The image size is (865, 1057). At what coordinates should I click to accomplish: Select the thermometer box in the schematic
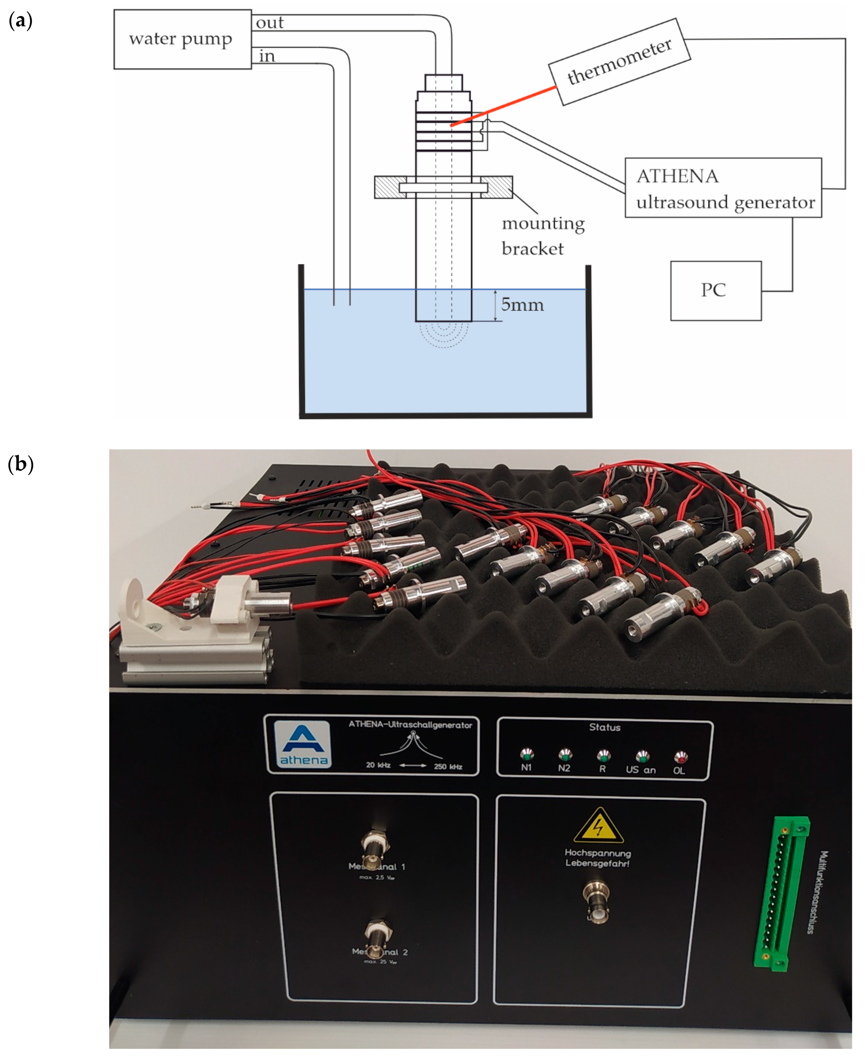619,62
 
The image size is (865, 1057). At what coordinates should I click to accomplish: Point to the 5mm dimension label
522,305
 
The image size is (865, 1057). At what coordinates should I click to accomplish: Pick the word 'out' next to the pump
270,23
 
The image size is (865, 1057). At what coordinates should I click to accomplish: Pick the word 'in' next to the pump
267,56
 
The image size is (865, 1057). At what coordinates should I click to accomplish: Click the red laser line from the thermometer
503,106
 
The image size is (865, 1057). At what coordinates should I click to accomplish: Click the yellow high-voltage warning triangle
598,826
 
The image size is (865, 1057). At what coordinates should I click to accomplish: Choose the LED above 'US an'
642,756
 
